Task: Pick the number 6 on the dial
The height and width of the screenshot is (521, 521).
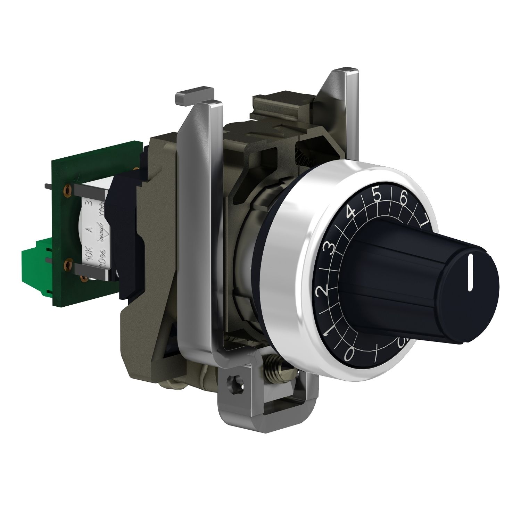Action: pos(403,198)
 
